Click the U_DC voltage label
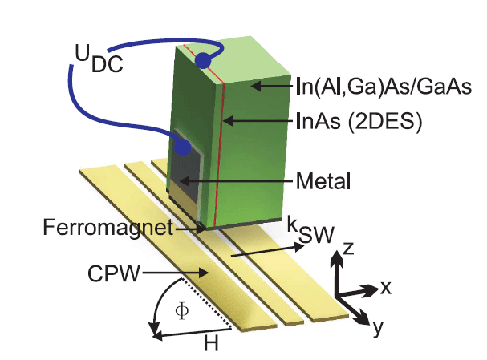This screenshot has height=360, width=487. (100, 58)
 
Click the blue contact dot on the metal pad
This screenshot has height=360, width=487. (184, 148)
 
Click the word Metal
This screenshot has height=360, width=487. (323, 181)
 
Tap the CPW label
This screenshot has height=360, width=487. (109, 275)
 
